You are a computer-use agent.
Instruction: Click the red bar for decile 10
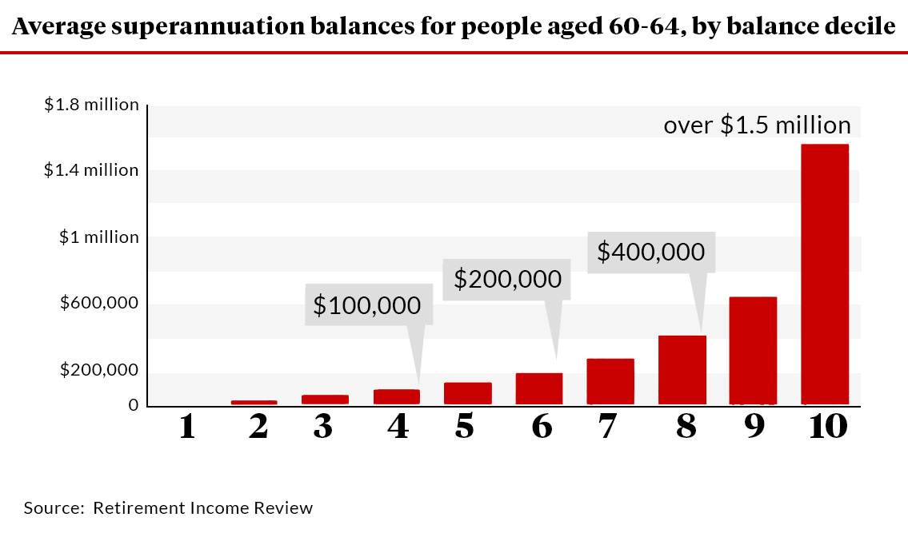pos(824,274)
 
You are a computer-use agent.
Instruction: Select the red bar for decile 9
pos(753,350)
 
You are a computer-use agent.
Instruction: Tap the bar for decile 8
pos(682,369)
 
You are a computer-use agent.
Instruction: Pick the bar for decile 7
pos(610,381)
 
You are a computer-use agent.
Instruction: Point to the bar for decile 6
pos(538,388)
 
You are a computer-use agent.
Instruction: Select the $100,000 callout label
pos(368,305)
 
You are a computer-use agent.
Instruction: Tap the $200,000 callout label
pos(507,279)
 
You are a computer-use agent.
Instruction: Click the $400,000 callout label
pos(650,253)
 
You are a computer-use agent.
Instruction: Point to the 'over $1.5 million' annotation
pos(757,125)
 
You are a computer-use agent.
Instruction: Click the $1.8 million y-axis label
pos(91,105)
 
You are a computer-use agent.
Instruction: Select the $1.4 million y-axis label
pos(91,170)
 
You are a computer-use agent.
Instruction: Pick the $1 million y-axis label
pos(99,237)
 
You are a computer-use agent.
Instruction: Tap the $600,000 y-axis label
pos(99,304)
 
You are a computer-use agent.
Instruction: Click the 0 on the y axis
pos(133,405)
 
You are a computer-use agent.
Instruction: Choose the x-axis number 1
pos(187,427)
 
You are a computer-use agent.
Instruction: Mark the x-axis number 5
pos(464,427)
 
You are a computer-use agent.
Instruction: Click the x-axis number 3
pos(322,427)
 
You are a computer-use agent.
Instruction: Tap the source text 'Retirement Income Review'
pos(202,508)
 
